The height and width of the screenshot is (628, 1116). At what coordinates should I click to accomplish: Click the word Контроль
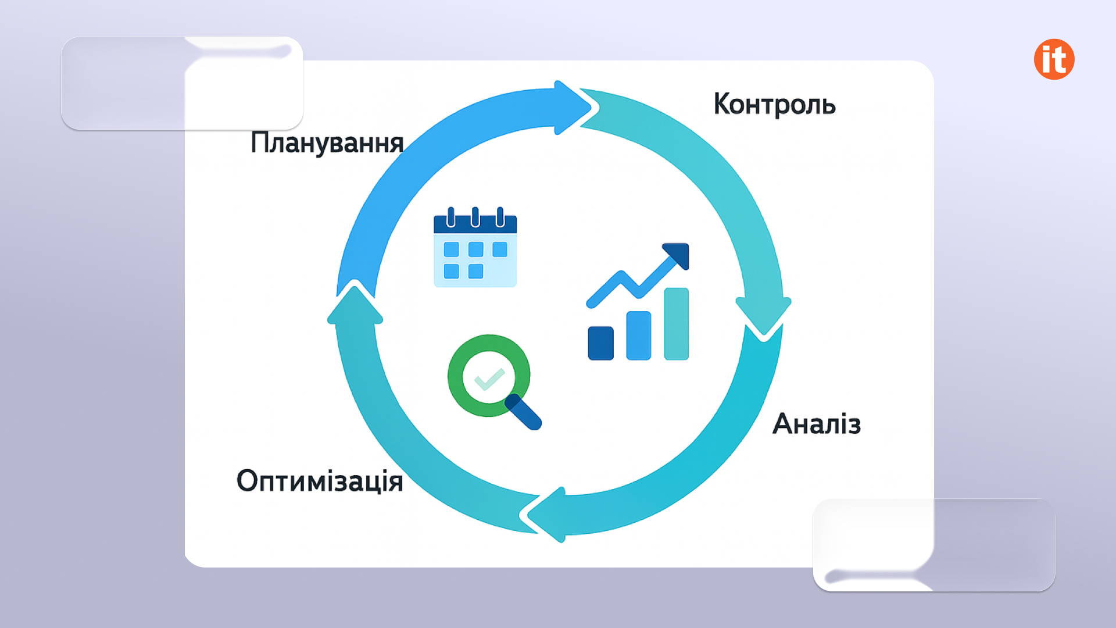click(774, 105)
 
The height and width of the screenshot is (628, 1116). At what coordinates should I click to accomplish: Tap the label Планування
click(327, 143)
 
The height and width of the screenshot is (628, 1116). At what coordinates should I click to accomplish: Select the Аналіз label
click(817, 424)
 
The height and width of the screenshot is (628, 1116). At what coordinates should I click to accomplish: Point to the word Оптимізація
click(320, 481)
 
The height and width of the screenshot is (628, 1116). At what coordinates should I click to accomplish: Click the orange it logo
click(1054, 59)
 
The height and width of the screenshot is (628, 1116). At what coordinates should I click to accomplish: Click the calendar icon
click(475, 247)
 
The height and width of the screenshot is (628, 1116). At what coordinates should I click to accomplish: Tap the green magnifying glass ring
click(489, 376)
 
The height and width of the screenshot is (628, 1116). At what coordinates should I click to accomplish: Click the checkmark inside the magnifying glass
click(489, 379)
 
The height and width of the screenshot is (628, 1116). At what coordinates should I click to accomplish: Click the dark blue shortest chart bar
click(601, 343)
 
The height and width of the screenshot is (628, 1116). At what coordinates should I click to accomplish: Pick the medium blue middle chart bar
click(639, 336)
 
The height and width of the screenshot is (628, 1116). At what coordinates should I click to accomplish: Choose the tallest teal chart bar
click(677, 324)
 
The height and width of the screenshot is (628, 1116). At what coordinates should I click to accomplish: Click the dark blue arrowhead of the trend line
click(677, 255)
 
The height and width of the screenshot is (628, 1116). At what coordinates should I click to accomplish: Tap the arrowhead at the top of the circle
click(571, 108)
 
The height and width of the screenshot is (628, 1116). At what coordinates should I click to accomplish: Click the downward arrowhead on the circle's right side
click(763, 316)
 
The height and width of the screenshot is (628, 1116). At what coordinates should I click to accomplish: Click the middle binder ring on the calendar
click(475, 217)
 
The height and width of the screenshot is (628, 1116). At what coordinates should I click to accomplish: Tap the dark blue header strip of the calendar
click(475, 224)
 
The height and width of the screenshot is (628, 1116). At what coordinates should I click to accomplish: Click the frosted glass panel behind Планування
click(182, 83)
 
